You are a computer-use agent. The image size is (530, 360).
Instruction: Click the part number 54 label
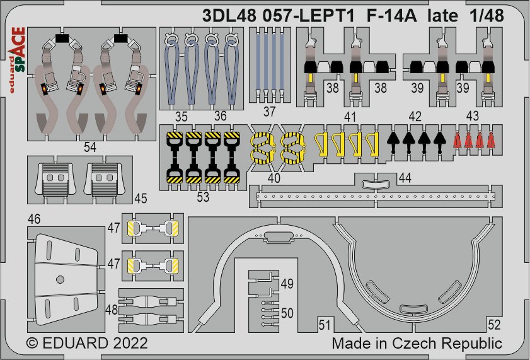pyautogui.click(x=90, y=148)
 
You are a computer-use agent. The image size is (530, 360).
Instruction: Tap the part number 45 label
pyautogui.click(x=141, y=199)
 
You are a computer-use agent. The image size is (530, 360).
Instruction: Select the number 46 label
pyautogui.click(x=34, y=219)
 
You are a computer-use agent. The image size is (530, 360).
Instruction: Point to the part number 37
pyautogui.click(x=269, y=112)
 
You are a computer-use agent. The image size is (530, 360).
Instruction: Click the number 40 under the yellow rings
pyautogui.click(x=274, y=178)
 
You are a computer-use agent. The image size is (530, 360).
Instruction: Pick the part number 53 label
pyautogui.click(x=203, y=197)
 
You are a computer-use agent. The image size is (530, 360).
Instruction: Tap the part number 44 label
pyautogui.click(x=405, y=177)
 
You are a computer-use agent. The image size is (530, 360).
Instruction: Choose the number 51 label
pyautogui.click(x=325, y=325)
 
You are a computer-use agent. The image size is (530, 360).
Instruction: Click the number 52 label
pyautogui.click(x=494, y=325)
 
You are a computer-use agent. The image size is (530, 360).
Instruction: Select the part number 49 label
pyautogui.click(x=287, y=284)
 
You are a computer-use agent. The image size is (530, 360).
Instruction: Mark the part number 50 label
pyautogui.click(x=287, y=313)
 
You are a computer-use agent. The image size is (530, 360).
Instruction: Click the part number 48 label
pyautogui.click(x=112, y=310)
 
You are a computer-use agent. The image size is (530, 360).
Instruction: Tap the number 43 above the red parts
pyautogui.click(x=472, y=116)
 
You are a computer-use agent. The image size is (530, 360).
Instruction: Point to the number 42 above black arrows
pyautogui.click(x=415, y=117)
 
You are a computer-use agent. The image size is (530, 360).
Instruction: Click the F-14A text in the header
pyautogui.click(x=391, y=16)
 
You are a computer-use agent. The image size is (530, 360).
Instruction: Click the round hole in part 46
pyautogui.click(x=60, y=279)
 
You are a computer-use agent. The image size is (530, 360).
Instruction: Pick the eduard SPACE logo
pyautogui.click(x=17, y=60)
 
